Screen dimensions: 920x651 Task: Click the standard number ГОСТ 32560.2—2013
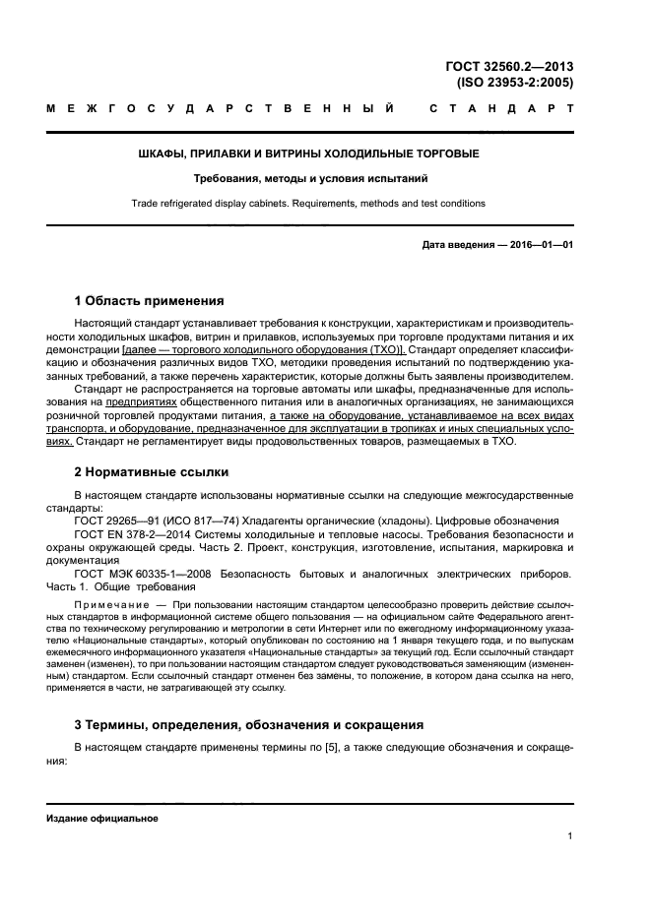coord(509,67)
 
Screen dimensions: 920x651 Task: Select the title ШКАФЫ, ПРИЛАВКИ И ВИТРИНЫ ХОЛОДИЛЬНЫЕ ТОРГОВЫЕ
coord(308,154)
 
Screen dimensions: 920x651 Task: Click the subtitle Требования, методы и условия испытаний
coord(308,179)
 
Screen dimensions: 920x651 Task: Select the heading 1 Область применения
coord(150,301)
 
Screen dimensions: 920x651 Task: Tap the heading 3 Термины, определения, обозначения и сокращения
coord(249,724)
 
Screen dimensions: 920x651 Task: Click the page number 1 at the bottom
coord(570,836)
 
